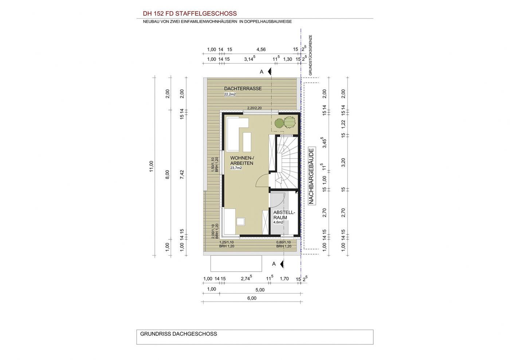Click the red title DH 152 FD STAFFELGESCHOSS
click(190, 14)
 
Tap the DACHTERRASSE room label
click(243, 88)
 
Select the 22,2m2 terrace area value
click(230, 94)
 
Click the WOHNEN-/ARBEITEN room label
click(242, 161)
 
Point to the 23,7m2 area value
click(236, 168)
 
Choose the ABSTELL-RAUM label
click(284, 215)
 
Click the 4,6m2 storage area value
click(278, 222)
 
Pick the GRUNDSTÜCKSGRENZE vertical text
click(310, 55)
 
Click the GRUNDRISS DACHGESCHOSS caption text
click(178, 334)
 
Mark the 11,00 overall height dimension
click(152, 166)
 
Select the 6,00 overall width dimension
click(252, 298)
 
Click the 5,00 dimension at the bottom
click(260, 290)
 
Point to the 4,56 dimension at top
click(261, 50)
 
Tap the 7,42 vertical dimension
click(182, 174)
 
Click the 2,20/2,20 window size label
click(255, 108)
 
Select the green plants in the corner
click(285, 123)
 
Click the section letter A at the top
click(262, 72)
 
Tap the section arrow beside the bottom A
click(282, 264)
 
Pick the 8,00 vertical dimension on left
click(167, 174)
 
